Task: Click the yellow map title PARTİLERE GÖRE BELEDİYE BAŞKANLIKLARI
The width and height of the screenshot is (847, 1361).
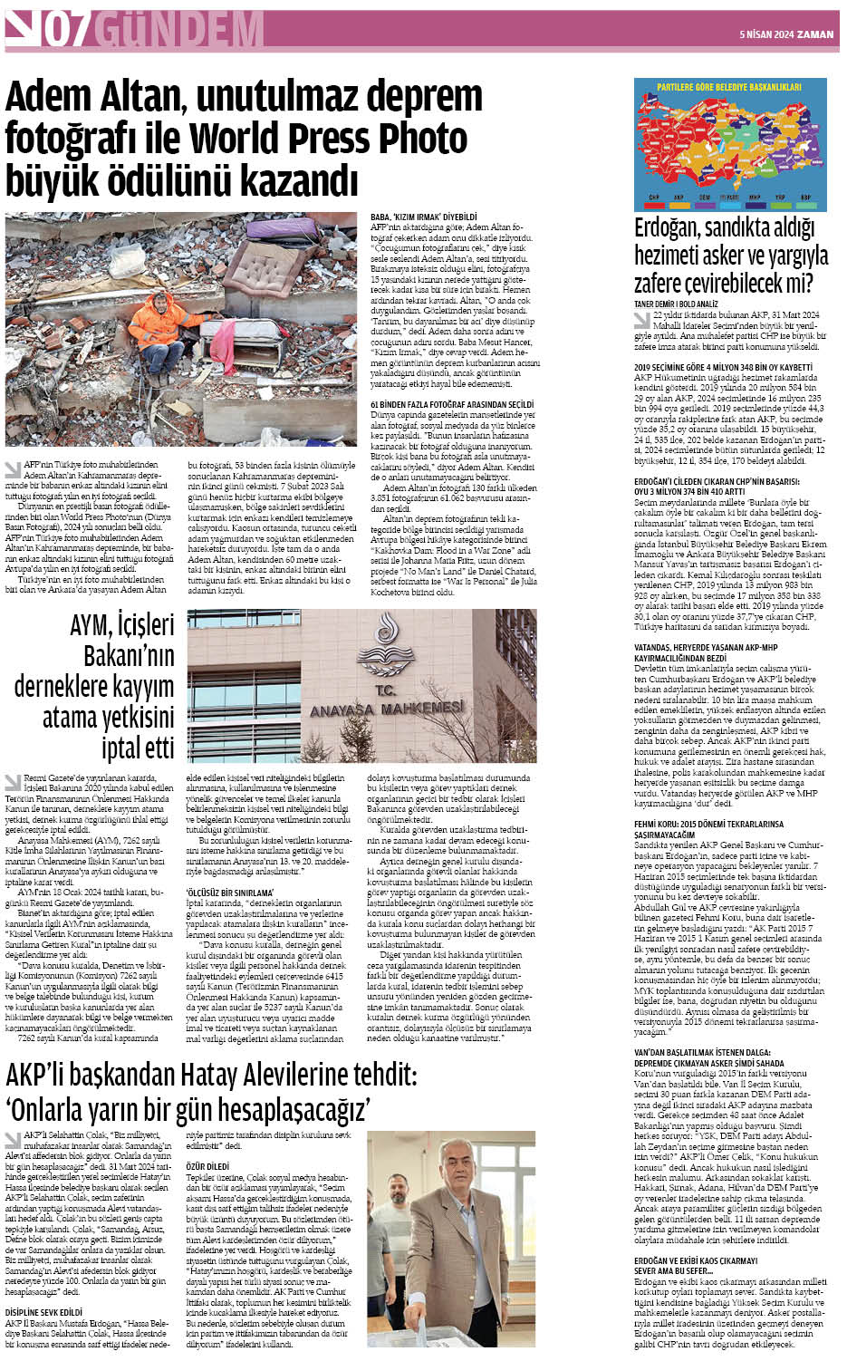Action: [729, 88]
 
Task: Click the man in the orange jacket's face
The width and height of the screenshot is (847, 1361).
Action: [162, 300]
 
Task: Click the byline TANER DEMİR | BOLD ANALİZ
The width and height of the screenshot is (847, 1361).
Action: [676, 304]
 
